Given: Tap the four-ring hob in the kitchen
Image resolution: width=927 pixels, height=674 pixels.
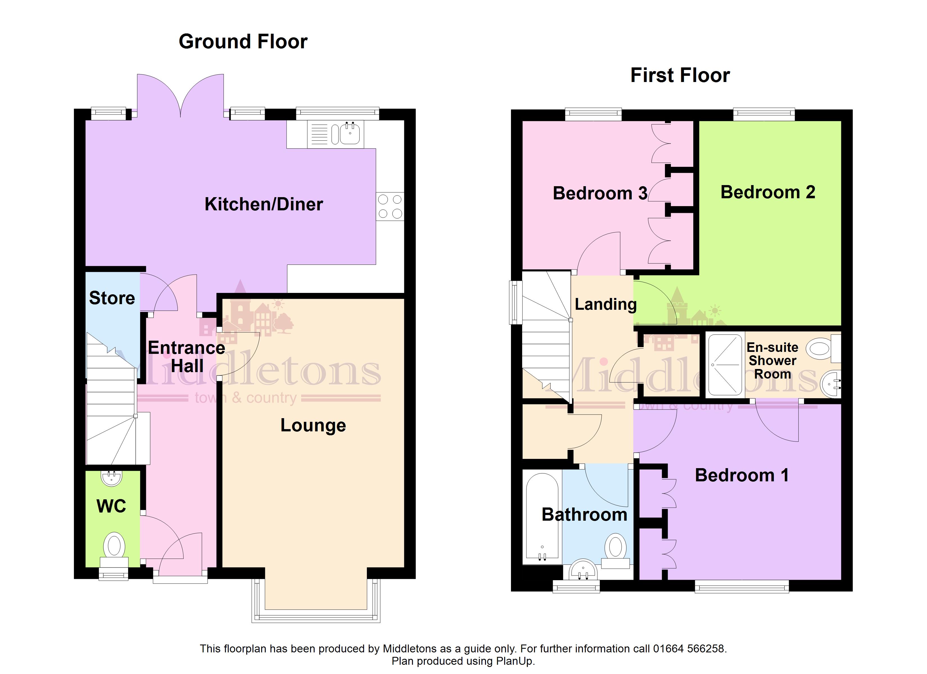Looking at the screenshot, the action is point(390,206).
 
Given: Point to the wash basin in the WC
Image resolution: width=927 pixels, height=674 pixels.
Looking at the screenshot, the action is point(112,478).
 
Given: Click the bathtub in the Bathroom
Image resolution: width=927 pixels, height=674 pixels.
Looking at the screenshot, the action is point(542,517).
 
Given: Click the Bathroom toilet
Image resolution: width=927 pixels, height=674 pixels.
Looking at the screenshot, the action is point(615,551).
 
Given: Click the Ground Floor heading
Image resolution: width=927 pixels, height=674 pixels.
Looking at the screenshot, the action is point(243,42).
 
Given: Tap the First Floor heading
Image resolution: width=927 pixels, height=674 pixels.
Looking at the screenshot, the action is point(680,75).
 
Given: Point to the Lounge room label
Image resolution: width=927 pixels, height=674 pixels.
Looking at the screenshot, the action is point(313,425).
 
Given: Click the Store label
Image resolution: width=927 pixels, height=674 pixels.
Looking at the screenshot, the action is point(112,298).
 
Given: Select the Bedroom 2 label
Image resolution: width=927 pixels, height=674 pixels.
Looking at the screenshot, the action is point(768,192).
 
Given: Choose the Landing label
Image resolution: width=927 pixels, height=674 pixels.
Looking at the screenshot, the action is point(606,304).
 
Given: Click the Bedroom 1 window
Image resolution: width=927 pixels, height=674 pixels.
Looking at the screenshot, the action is point(742,588).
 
